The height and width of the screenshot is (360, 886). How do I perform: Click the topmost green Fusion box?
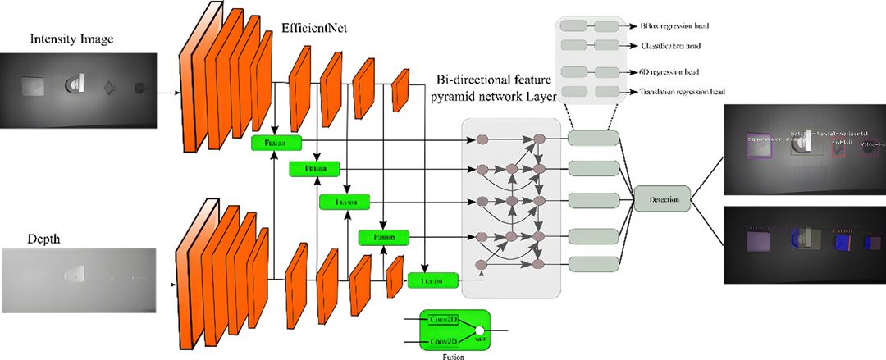(x=276, y=144)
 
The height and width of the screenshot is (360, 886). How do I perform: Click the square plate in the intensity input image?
(x=33, y=85)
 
